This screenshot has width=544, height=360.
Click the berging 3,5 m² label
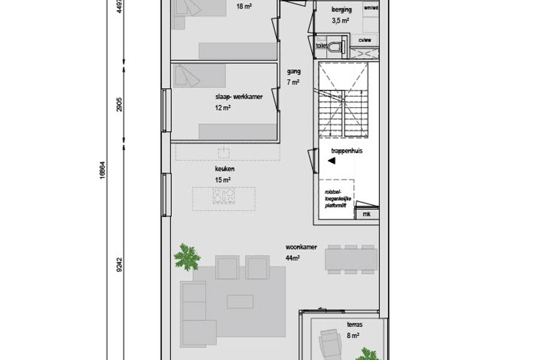(x=341, y=15)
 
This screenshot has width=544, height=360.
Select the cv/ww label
(x=365, y=40)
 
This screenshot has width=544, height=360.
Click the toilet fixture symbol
(x=344, y=45)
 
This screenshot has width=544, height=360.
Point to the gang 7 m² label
(x=294, y=77)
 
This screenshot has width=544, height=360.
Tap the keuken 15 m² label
(x=223, y=175)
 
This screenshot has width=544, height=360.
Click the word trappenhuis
(x=346, y=152)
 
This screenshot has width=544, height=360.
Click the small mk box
(x=367, y=214)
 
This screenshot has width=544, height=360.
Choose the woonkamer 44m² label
(x=301, y=252)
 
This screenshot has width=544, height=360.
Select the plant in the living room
(x=187, y=256)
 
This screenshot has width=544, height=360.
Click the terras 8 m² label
(x=353, y=329)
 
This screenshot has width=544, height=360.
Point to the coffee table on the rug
(x=239, y=302)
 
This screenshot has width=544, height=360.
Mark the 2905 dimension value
(x=120, y=105)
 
